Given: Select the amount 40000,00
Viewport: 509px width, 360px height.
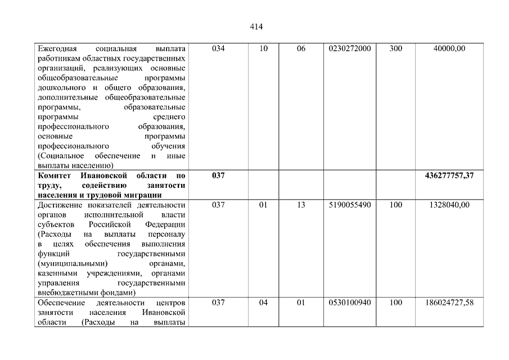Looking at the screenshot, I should (x=449, y=49).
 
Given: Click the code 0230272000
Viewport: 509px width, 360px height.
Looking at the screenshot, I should (x=349, y=49).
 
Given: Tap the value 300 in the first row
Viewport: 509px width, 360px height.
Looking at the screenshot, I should (x=395, y=49).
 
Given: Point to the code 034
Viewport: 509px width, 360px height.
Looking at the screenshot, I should (x=218, y=49).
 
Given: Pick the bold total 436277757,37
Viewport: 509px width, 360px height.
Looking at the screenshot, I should (x=449, y=176).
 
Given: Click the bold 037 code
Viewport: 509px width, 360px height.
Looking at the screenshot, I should (x=218, y=176).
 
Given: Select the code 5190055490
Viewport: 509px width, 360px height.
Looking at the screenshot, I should (x=349, y=205).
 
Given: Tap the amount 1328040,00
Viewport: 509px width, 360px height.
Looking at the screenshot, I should (x=449, y=205).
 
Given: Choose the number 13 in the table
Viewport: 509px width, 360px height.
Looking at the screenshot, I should (x=301, y=205).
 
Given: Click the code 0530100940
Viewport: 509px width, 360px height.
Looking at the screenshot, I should (x=349, y=303).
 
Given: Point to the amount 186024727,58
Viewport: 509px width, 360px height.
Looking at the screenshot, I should (x=449, y=303).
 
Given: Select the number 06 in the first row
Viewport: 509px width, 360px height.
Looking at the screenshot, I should (x=301, y=49).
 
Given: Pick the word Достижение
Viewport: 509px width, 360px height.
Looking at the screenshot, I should (x=59, y=205).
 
